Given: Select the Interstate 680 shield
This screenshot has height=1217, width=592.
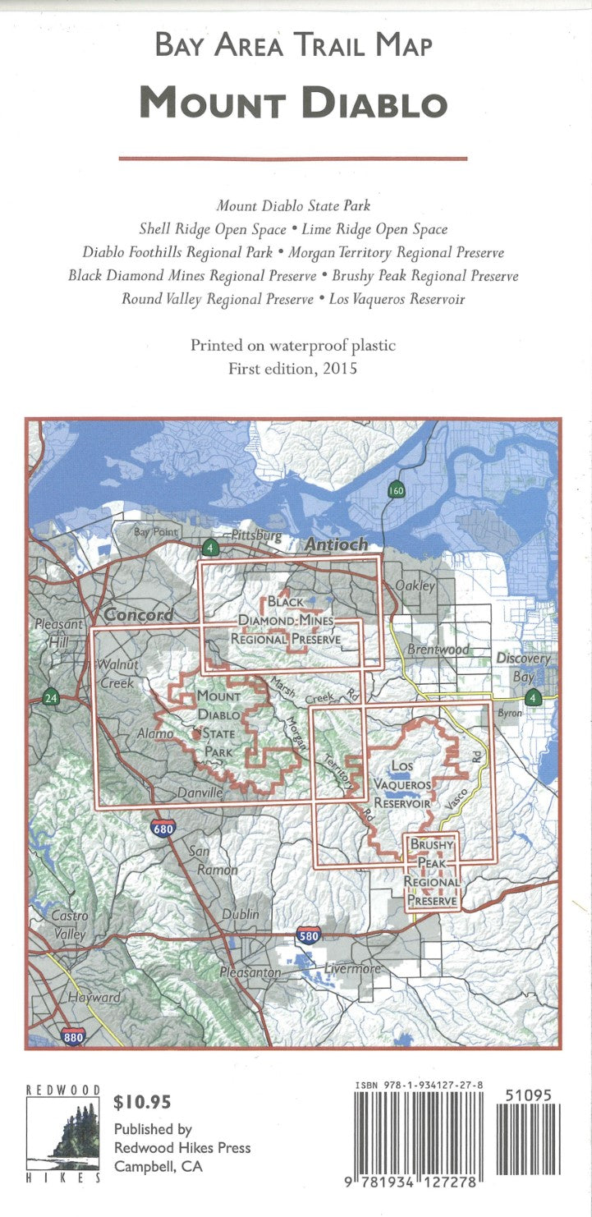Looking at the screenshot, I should tap(163, 829).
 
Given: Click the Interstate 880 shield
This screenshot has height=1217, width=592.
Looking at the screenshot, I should tap(72, 1037).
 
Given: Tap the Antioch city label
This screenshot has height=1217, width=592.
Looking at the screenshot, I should tap(336, 544).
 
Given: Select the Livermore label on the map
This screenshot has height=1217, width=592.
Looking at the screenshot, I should tap(352, 969).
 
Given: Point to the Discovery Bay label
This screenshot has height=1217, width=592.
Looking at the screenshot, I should tap(524, 668).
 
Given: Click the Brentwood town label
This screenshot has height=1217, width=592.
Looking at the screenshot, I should tap(440, 650).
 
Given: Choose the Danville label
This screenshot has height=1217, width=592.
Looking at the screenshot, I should tap(200, 793).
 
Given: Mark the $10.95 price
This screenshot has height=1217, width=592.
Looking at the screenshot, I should tap(143, 1101).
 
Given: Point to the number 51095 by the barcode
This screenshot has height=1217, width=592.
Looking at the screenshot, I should tap(529, 1095).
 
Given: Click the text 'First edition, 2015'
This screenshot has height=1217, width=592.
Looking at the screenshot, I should tap(293, 369).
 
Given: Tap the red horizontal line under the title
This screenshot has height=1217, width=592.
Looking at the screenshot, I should tap(293, 158).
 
